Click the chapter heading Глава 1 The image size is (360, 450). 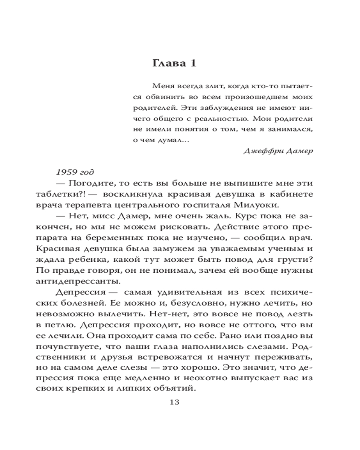[175, 63]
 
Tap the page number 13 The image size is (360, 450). [175, 402]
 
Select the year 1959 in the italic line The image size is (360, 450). [64, 172]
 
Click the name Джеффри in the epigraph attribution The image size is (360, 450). [259, 151]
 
